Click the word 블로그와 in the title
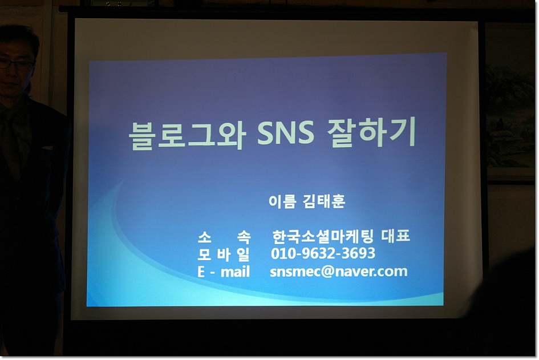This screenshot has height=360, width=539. (x=187, y=135)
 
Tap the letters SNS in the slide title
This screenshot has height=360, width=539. (x=286, y=132)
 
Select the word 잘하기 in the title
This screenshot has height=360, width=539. (x=371, y=132)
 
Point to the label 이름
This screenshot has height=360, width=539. (x=282, y=201)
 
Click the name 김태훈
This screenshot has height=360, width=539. (x=324, y=201)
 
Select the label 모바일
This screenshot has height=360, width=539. (x=224, y=254)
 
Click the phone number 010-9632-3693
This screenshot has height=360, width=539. (x=323, y=253)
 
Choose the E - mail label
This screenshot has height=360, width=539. (x=224, y=272)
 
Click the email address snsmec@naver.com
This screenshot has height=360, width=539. (x=339, y=272)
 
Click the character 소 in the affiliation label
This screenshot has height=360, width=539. (x=205, y=237)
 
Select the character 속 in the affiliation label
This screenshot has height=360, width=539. (x=244, y=237)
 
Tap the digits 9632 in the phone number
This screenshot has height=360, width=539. (x=317, y=253)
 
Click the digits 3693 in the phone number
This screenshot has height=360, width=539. (x=358, y=253)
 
